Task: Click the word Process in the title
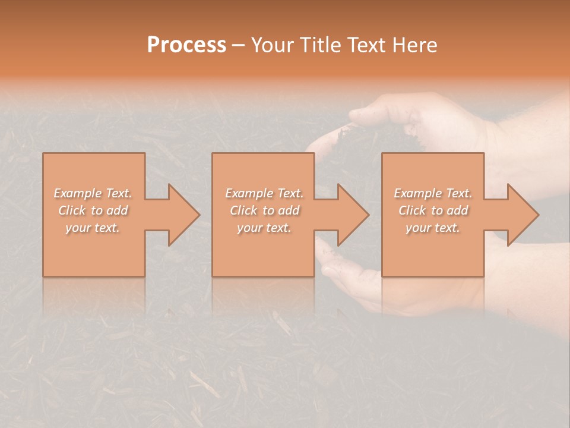[186, 45]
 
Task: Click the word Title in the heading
[322, 45]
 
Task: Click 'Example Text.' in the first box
[93, 193]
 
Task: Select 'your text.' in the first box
[93, 228]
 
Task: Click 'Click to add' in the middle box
[264, 210]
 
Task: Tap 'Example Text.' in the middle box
[264, 193]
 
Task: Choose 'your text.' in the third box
[433, 228]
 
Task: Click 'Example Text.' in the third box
[433, 193]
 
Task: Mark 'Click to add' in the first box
[93, 210]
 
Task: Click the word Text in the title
[366, 45]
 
